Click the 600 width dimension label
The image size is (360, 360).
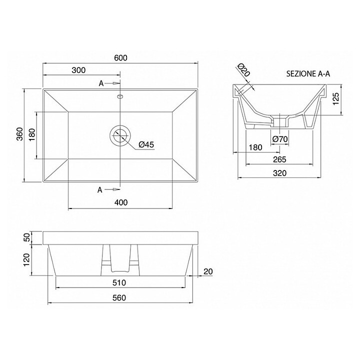coord(121,58)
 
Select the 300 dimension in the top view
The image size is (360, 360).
coord(79,70)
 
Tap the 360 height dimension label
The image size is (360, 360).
coord(20,134)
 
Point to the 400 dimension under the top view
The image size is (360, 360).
coord(121,202)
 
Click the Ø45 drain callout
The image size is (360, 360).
coord(146,144)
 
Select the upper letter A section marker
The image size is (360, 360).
coord(101,83)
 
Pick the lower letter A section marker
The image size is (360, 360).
coord(100,189)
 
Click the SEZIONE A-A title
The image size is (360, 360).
coord(308,73)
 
